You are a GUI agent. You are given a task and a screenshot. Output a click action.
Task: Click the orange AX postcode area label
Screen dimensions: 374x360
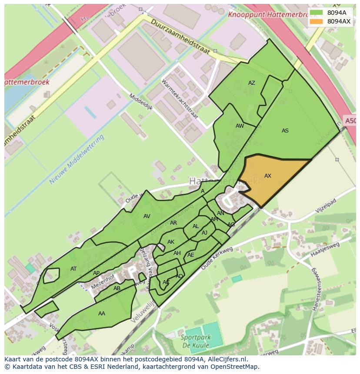(x=268, y=176)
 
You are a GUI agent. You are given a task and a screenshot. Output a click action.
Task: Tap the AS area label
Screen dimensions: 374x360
(x=285, y=131)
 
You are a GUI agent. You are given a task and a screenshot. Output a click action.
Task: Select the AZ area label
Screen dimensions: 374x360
(x=252, y=83)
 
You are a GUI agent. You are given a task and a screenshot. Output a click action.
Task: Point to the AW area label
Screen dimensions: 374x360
(x=240, y=126)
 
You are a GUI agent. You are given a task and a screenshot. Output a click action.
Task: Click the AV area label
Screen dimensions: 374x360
(x=147, y=216)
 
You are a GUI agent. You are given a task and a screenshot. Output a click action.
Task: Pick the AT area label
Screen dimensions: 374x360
(x=73, y=269)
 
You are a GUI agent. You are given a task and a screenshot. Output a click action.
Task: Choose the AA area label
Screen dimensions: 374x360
(x=102, y=314)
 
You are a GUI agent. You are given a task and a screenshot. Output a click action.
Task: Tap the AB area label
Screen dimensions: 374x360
(x=117, y=288)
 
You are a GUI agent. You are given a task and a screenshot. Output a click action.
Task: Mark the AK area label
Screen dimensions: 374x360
(x=171, y=242)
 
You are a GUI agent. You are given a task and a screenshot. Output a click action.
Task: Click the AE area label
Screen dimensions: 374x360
(x=191, y=255)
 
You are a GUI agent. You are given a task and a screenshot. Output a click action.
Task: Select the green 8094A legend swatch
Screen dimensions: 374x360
(x=316, y=13)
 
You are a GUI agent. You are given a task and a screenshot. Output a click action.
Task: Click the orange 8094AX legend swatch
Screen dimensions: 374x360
(x=316, y=21)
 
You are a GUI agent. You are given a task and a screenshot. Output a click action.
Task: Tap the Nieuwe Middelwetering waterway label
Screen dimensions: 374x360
(x=77, y=159)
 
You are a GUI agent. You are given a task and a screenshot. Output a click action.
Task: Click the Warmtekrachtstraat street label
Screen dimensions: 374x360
(x=180, y=99)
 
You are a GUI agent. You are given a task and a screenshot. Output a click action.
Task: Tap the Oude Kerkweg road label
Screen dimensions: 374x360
(x=217, y=260)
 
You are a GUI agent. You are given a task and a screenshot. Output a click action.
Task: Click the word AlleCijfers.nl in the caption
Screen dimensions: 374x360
(x=226, y=359)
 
